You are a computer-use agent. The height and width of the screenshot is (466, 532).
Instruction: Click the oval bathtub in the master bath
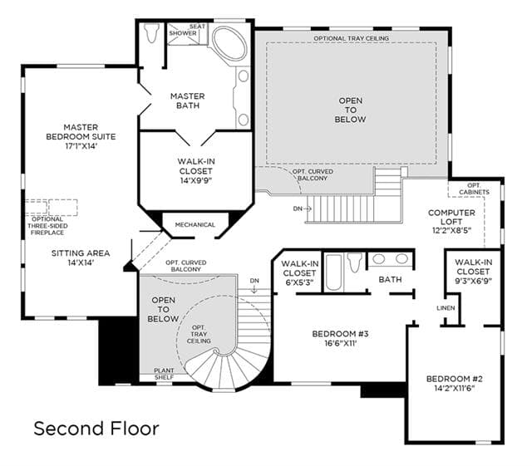pyautogui.click(x=229, y=44)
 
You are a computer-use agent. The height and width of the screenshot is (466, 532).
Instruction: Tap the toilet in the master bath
pyautogui.click(x=151, y=32)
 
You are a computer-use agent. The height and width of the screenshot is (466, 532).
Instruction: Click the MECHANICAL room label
pyautogui.click(x=195, y=224)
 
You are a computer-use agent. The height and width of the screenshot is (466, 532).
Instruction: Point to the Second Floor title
pyautogui.click(x=96, y=429)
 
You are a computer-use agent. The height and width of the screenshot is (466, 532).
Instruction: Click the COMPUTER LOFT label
pyautogui.click(x=451, y=217)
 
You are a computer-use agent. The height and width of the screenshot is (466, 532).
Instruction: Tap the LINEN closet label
pyautogui.click(x=446, y=308)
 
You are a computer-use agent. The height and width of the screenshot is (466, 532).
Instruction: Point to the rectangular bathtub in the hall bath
pyautogui.click(x=332, y=272)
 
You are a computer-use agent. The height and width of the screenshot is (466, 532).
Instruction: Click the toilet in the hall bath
pyautogui.click(x=355, y=262)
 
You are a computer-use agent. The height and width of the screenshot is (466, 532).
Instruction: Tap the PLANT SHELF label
pyautogui.click(x=164, y=374)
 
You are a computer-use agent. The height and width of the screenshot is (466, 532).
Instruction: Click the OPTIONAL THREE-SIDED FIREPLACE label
pyautogui.click(x=47, y=226)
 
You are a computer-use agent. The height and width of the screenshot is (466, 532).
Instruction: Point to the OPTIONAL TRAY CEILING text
pyautogui.click(x=351, y=38)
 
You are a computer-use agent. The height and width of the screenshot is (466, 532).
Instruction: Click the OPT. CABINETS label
pyautogui.click(x=474, y=189)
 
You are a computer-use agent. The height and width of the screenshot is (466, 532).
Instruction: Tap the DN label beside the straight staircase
pyautogui.click(x=298, y=208)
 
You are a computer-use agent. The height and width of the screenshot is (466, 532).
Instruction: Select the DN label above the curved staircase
pyautogui.click(x=254, y=281)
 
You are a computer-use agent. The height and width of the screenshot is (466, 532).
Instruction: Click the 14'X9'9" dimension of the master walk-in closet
pyautogui.click(x=196, y=180)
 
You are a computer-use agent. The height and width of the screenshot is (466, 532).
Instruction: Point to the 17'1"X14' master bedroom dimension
pyautogui.click(x=81, y=146)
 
